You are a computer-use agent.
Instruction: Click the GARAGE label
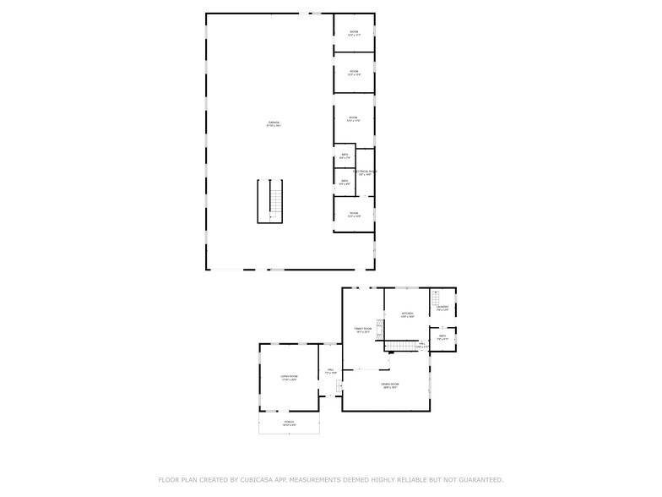click(x=274, y=123)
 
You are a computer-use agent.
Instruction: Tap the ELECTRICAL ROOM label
click(x=365, y=172)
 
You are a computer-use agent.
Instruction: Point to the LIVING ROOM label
click(x=289, y=377)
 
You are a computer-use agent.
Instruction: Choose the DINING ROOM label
click(x=390, y=385)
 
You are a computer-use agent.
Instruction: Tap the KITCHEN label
click(x=408, y=314)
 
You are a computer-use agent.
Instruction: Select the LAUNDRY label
click(x=442, y=308)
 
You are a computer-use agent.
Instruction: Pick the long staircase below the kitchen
click(x=403, y=345)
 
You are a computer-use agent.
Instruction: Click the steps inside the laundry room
click(x=436, y=298)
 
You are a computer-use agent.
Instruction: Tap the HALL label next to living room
click(x=330, y=370)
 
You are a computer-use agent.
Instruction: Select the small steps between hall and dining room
click(x=339, y=388)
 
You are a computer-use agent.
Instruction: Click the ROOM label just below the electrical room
click(x=354, y=214)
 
